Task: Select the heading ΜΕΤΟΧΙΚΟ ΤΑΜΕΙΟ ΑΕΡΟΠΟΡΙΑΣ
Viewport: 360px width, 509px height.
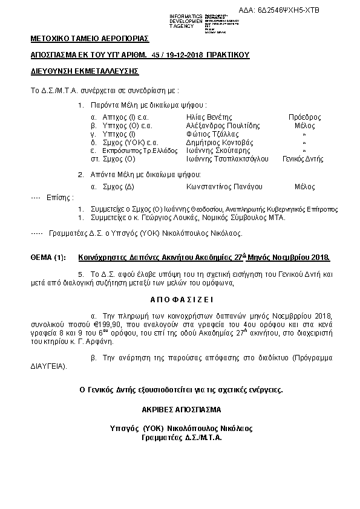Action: (90, 39)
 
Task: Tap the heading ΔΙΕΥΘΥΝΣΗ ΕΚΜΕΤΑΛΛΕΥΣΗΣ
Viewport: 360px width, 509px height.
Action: (85, 71)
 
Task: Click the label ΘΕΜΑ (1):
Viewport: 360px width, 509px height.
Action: (48, 257)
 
